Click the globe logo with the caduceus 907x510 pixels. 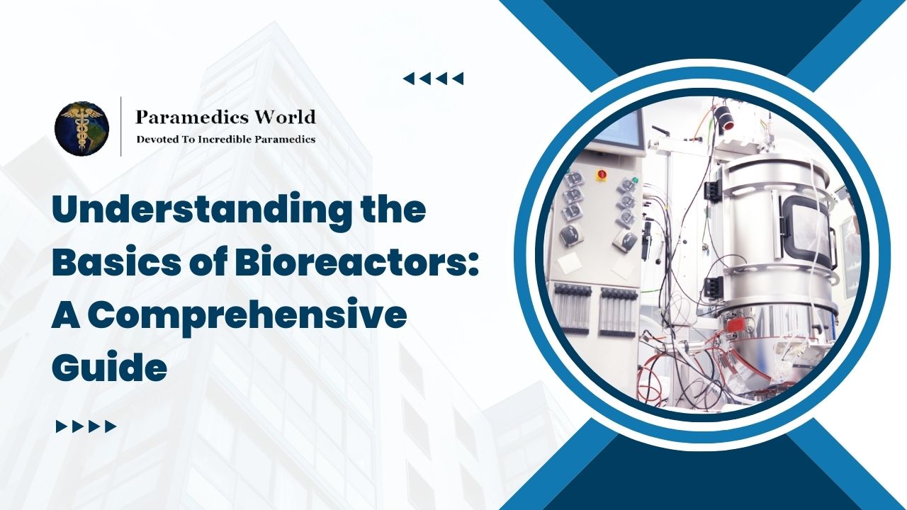click(81, 128)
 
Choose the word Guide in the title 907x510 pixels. click(109, 368)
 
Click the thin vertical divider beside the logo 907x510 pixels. click(120, 127)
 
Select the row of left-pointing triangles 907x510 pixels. click(433, 79)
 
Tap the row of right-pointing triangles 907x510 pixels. click(86, 426)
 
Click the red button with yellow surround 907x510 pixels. click(602, 174)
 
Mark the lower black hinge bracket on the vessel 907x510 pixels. click(712, 286)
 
